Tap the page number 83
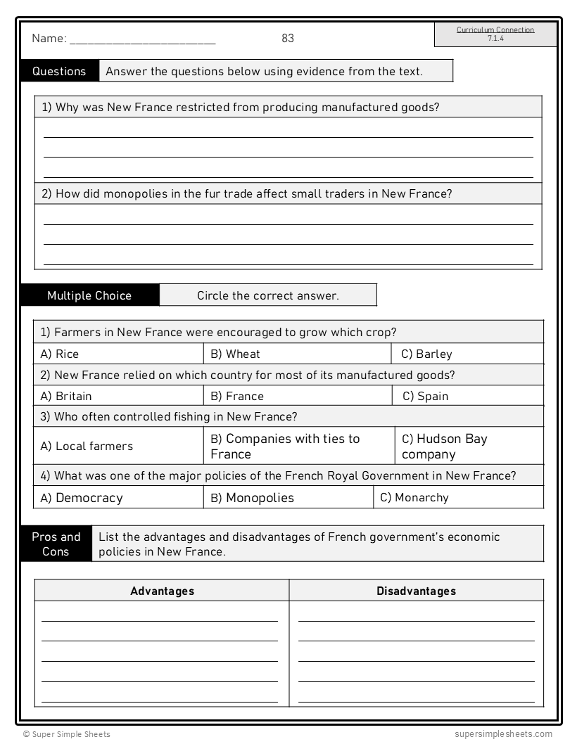(288, 39)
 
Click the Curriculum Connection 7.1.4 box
(495, 34)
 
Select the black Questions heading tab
(60, 71)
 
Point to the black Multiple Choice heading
(89, 295)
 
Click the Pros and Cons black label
(56, 544)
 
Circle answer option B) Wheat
(235, 354)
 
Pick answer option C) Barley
(426, 354)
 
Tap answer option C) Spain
(425, 396)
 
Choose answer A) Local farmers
(87, 446)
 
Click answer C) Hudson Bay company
(445, 446)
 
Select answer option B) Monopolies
(252, 498)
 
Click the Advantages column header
(162, 591)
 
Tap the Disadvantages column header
(416, 591)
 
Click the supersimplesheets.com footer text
(503, 734)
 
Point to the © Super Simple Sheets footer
(67, 734)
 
